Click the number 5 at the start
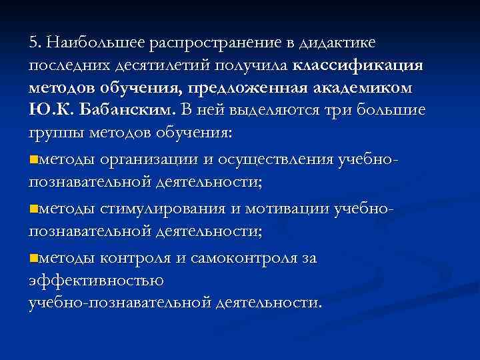tap(33, 43)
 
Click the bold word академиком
tap(361, 88)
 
